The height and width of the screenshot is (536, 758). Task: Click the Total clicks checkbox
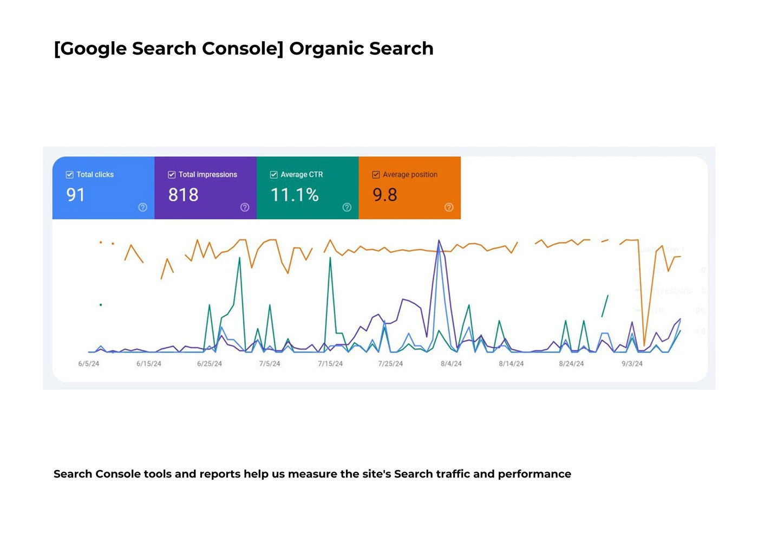(x=69, y=174)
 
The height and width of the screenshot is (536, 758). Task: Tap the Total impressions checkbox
(x=172, y=174)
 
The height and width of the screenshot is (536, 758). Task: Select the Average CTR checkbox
(x=274, y=174)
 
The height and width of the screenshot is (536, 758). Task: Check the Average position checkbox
(x=376, y=174)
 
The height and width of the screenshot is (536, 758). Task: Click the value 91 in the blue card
(x=76, y=195)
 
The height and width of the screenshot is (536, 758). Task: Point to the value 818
(x=183, y=195)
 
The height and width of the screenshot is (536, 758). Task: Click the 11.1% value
(x=295, y=195)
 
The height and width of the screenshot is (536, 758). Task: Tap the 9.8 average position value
(x=385, y=195)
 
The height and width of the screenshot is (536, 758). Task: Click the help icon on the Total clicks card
(x=142, y=207)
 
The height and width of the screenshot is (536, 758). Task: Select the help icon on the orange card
(x=449, y=207)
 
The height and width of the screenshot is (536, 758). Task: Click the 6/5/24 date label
(x=89, y=364)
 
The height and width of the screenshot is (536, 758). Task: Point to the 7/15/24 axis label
(x=330, y=364)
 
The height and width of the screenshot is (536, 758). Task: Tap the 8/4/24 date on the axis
(x=451, y=364)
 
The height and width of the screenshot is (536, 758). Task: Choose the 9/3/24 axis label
(x=632, y=364)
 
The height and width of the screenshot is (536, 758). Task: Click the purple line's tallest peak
(x=439, y=240)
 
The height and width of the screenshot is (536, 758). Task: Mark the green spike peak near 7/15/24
(x=330, y=258)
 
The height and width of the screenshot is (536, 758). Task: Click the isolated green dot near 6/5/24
(x=101, y=305)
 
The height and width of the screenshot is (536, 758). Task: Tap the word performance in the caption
(x=534, y=474)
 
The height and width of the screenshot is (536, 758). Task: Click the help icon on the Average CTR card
(x=347, y=207)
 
